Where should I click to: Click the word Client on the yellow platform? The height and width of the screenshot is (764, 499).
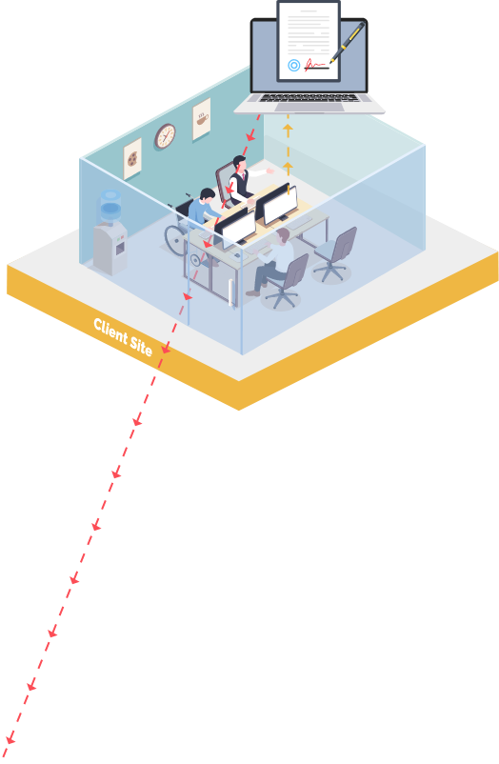click(110, 331)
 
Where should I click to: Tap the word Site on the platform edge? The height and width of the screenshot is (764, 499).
click(141, 346)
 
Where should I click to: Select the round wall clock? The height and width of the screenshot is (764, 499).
click(165, 136)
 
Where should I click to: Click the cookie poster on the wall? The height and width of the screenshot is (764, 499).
click(132, 158)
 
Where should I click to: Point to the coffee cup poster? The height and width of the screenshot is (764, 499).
click(202, 119)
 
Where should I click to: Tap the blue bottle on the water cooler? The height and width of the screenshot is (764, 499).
click(110, 206)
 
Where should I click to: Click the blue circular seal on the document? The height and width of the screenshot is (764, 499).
click(294, 65)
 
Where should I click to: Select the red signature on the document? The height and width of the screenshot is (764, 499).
click(315, 65)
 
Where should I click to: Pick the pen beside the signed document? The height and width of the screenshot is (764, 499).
click(347, 42)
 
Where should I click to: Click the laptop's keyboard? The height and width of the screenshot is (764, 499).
click(309, 98)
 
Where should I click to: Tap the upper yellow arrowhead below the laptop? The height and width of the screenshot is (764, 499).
click(288, 130)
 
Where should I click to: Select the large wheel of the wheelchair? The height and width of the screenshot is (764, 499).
click(175, 240)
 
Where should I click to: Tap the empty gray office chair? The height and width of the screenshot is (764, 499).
click(335, 254)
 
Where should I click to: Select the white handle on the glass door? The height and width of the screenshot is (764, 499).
click(230, 292)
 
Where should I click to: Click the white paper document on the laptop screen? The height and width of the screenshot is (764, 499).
click(309, 41)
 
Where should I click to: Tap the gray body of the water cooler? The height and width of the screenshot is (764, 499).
click(110, 249)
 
